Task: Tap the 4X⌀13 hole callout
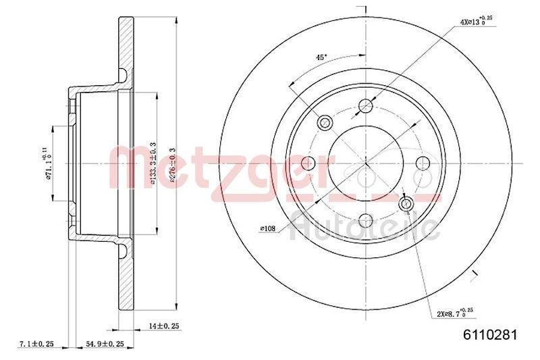coord(477,22)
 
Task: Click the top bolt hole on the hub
coord(366,105)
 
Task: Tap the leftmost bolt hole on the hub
coord(308,162)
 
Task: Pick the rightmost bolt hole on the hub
coord(423,162)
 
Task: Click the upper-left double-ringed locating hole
coord(325,122)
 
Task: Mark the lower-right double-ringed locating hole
coord(406,203)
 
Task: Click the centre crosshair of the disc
coord(366,162)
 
